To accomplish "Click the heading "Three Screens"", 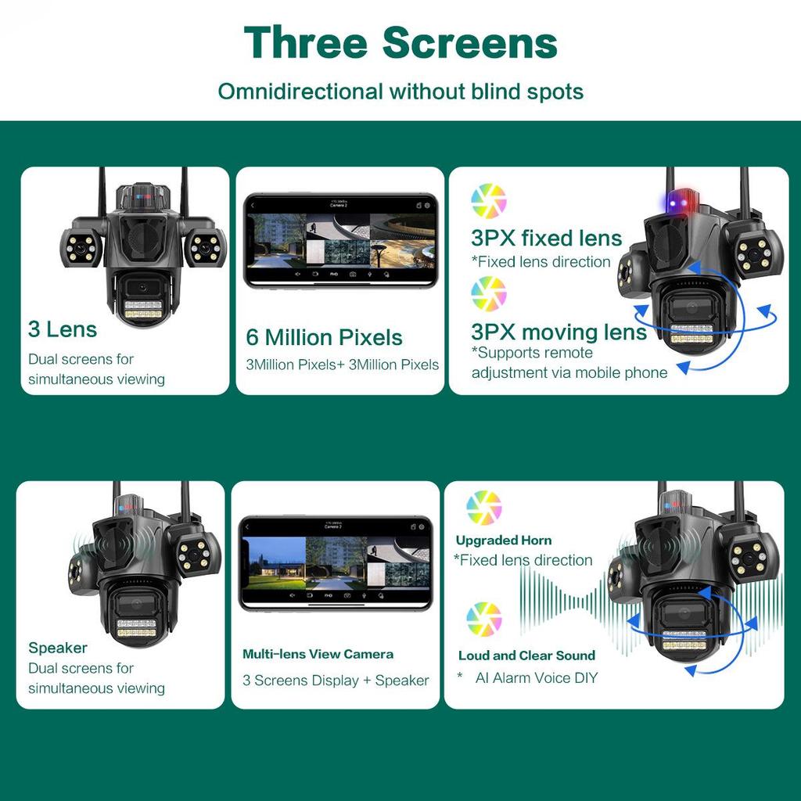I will tap(400, 42).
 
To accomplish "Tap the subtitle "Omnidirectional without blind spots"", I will tap(400, 92).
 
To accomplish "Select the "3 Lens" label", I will tap(63, 329).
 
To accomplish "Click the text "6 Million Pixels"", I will tap(324, 338).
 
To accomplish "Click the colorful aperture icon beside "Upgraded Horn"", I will tap(483, 508).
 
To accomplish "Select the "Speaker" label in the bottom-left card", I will tap(58, 648).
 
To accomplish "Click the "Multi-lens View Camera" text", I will tap(318, 654).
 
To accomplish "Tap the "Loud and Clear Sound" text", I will tap(526, 656).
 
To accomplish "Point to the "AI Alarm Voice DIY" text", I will tap(537, 677).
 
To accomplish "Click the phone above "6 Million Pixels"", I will tap(340, 241).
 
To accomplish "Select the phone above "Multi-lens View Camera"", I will tap(336, 562).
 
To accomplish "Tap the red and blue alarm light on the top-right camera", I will tap(677, 200).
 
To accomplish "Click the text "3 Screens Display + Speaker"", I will tap(336, 681).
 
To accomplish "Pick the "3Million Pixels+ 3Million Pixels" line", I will tap(343, 365).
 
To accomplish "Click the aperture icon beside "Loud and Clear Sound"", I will tap(483, 620).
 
